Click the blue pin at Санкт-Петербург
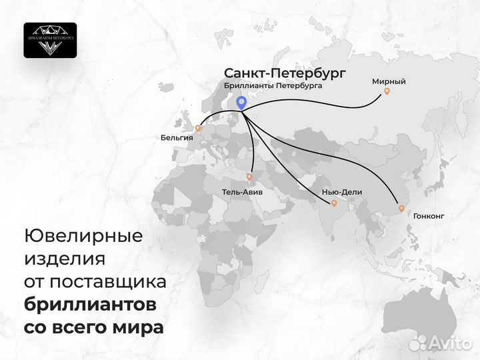point(242,103)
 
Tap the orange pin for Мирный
point(385,94)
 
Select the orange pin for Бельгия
point(197,127)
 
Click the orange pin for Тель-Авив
point(249,177)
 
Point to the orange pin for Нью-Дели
point(334,205)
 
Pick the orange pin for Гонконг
point(401,209)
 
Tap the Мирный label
point(389,81)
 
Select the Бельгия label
point(177,138)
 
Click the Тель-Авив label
point(242,191)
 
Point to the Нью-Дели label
point(341,192)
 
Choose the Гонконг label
point(428,216)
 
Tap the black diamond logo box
point(50,40)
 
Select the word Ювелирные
point(83,236)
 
